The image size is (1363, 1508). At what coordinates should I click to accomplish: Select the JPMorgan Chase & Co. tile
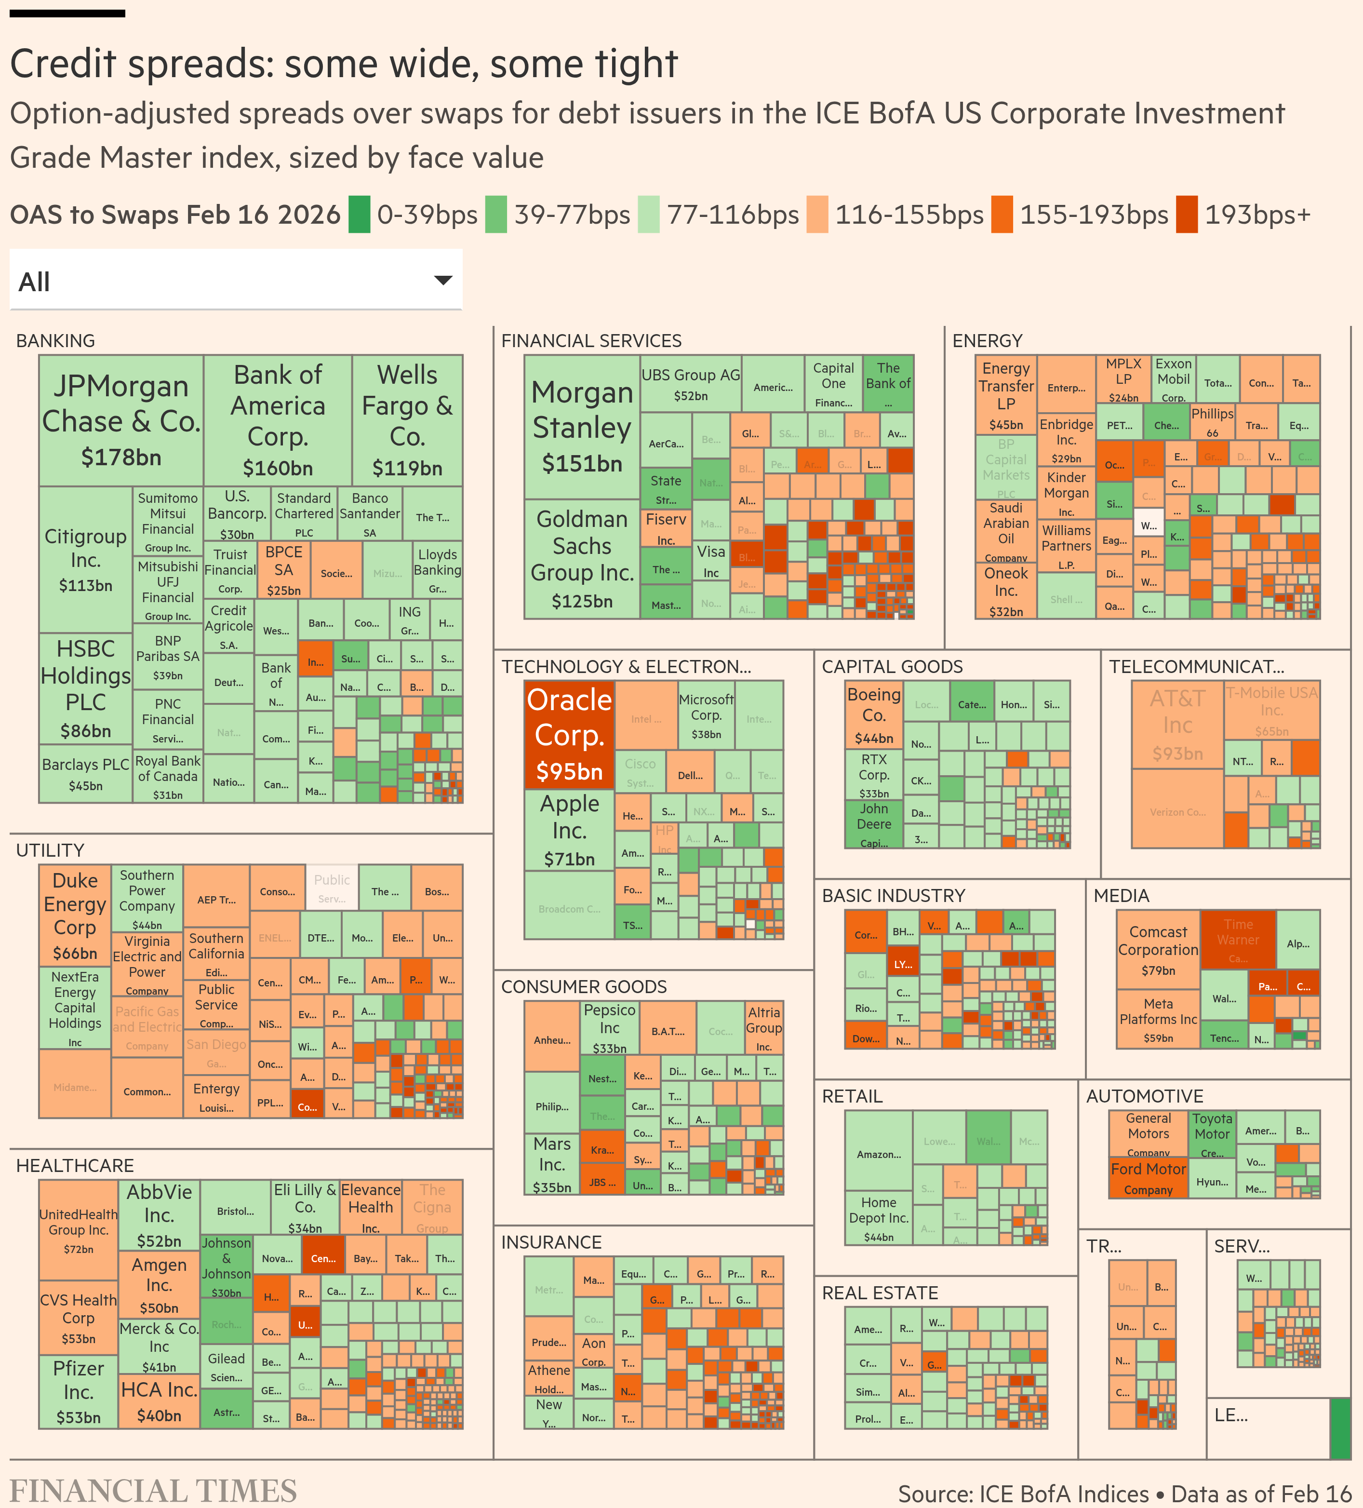point(121,419)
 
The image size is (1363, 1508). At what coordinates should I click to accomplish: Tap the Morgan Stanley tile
point(582,426)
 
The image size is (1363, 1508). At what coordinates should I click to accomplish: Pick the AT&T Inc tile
point(1177,724)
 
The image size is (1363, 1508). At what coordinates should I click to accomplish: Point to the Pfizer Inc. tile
point(79,1391)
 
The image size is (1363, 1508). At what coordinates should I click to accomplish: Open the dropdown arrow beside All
point(443,281)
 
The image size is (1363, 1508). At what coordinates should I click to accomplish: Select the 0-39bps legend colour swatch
point(360,215)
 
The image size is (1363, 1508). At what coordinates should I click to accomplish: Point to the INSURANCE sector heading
point(551,1242)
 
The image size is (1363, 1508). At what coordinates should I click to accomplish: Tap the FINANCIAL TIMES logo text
point(153,1490)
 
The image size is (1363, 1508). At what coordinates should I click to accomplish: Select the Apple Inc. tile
point(569,830)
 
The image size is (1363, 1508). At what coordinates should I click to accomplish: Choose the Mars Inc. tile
point(552,1164)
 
